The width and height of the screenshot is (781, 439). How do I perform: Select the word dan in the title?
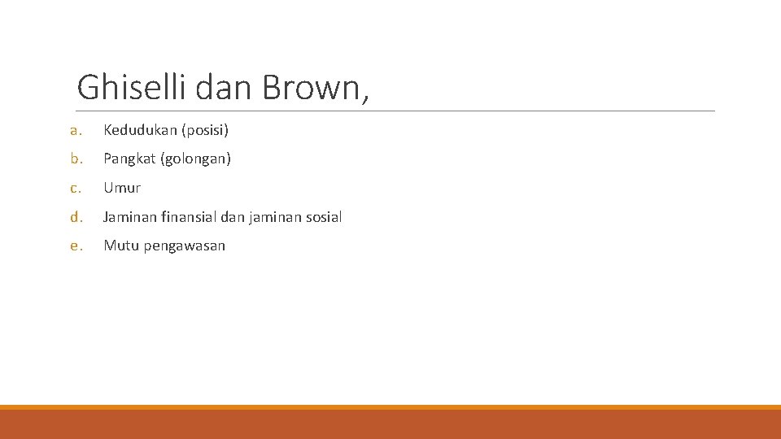point(225,86)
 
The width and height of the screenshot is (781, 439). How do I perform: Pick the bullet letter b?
point(75,159)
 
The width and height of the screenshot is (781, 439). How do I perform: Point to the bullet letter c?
point(75,188)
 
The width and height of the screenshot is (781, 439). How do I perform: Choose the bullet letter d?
point(75,217)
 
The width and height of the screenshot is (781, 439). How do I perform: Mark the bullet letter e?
point(75,246)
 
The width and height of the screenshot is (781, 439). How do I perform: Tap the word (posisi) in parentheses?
point(205,130)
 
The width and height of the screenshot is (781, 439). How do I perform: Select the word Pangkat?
point(130,159)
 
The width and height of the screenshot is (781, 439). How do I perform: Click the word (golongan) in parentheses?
point(196,159)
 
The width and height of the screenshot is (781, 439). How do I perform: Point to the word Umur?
point(122,188)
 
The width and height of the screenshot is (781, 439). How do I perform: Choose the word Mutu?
point(120,246)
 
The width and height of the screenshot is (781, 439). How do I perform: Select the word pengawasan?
point(185,246)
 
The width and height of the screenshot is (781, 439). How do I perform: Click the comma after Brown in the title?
point(364,98)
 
